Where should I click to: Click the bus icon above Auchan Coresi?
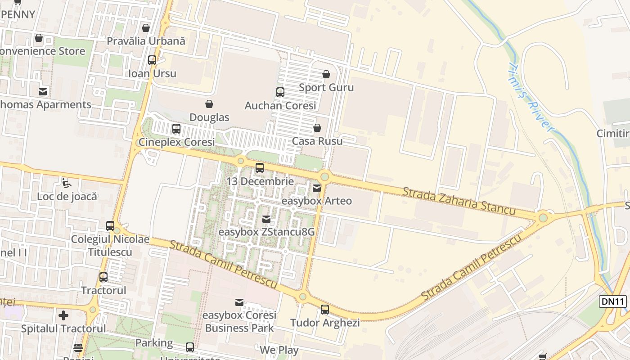tap(280, 92)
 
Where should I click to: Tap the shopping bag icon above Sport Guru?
tap(326, 74)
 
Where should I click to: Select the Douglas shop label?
tap(209, 117)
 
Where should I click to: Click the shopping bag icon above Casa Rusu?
tap(317, 128)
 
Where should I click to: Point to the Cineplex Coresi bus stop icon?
tap(176, 129)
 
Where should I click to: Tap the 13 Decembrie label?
tap(260, 181)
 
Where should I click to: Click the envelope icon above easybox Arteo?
tap(317, 188)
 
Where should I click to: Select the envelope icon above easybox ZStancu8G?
tap(266, 219)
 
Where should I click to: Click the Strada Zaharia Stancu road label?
tap(459, 201)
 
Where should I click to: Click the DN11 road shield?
tap(613, 301)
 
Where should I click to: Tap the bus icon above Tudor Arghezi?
tap(325, 310)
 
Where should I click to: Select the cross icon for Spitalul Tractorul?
tap(63, 315)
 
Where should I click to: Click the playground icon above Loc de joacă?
tap(67, 183)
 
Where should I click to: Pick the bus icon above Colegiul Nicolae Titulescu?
tap(110, 226)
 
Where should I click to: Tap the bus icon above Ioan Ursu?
tap(152, 60)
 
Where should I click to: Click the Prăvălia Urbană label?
tap(146, 41)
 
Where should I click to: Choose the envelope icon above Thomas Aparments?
tap(43, 92)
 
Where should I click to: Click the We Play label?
tap(279, 350)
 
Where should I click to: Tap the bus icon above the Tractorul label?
tap(103, 277)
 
